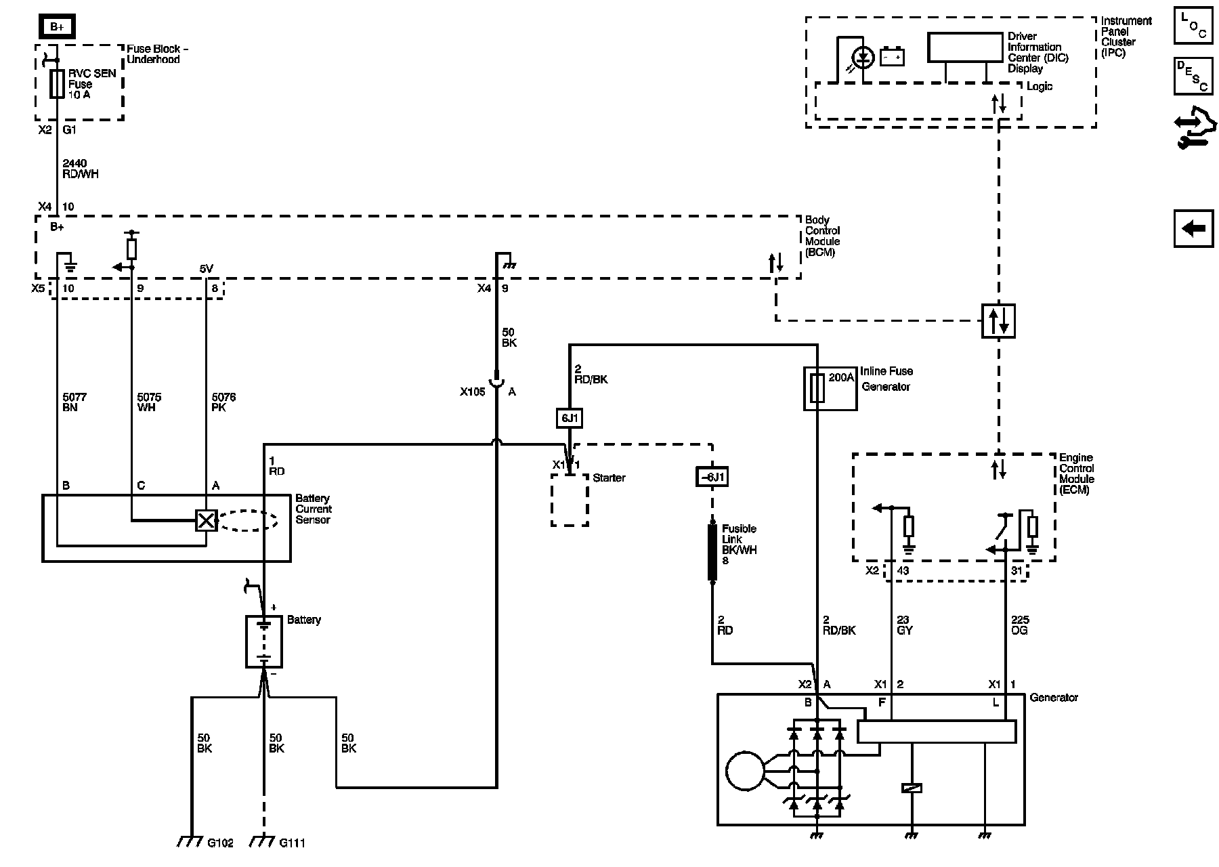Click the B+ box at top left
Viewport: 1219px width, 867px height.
[57, 27]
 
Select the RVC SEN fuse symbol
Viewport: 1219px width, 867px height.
[57, 84]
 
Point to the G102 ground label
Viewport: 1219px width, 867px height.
[221, 843]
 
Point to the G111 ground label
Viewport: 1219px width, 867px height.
[292, 843]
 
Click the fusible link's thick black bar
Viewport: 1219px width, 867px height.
[712, 552]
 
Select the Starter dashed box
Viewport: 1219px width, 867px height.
[570, 500]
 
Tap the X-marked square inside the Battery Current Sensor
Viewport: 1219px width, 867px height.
[206, 520]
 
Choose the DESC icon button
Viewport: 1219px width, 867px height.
[1193, 76]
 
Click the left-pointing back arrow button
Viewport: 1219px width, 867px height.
[1193, 228]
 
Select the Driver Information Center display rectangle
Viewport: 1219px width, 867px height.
[964, 47]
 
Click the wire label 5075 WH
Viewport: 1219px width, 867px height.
[149, 402]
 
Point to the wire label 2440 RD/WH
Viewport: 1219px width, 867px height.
[80, 169]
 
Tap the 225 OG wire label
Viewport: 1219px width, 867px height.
[1019, 625]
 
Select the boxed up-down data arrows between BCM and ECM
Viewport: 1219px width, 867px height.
[998, 320]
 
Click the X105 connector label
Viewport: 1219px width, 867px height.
[473, 392]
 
